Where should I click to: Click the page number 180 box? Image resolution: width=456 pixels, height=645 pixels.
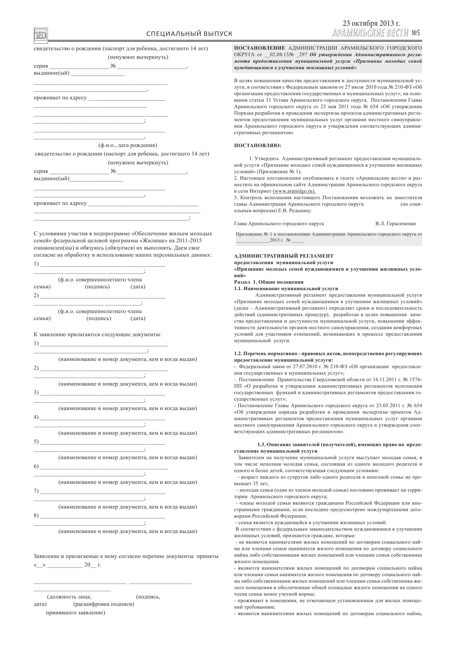coord(41,35)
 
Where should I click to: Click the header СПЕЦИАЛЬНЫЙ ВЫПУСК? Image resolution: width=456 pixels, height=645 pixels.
coord(189,34)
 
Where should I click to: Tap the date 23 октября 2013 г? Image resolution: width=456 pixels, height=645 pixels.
coord(371,23)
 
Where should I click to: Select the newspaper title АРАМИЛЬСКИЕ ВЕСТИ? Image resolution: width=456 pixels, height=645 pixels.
coord(370,33)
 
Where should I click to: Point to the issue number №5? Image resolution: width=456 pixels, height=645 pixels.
coord(415,33)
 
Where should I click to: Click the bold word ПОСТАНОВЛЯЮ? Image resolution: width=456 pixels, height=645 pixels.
coord(257,146)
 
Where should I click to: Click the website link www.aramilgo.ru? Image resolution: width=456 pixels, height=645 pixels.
coord(294,191)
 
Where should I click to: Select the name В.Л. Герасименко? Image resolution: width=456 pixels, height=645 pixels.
coord(396,224)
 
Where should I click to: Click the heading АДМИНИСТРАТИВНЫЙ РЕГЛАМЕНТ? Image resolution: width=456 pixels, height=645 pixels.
coord(284,256)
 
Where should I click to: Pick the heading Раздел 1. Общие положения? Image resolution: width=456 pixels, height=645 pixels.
coord(269,282)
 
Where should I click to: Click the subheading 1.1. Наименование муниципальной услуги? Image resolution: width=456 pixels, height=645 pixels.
coord(286,289)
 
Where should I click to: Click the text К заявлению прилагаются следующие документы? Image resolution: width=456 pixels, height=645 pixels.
coord(98,335)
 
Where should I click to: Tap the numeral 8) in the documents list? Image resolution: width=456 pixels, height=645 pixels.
coord(36,516)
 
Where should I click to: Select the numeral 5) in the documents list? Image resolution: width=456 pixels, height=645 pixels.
coord(36,442)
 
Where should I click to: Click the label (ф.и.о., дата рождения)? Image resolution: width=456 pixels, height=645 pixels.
coord(128,145)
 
